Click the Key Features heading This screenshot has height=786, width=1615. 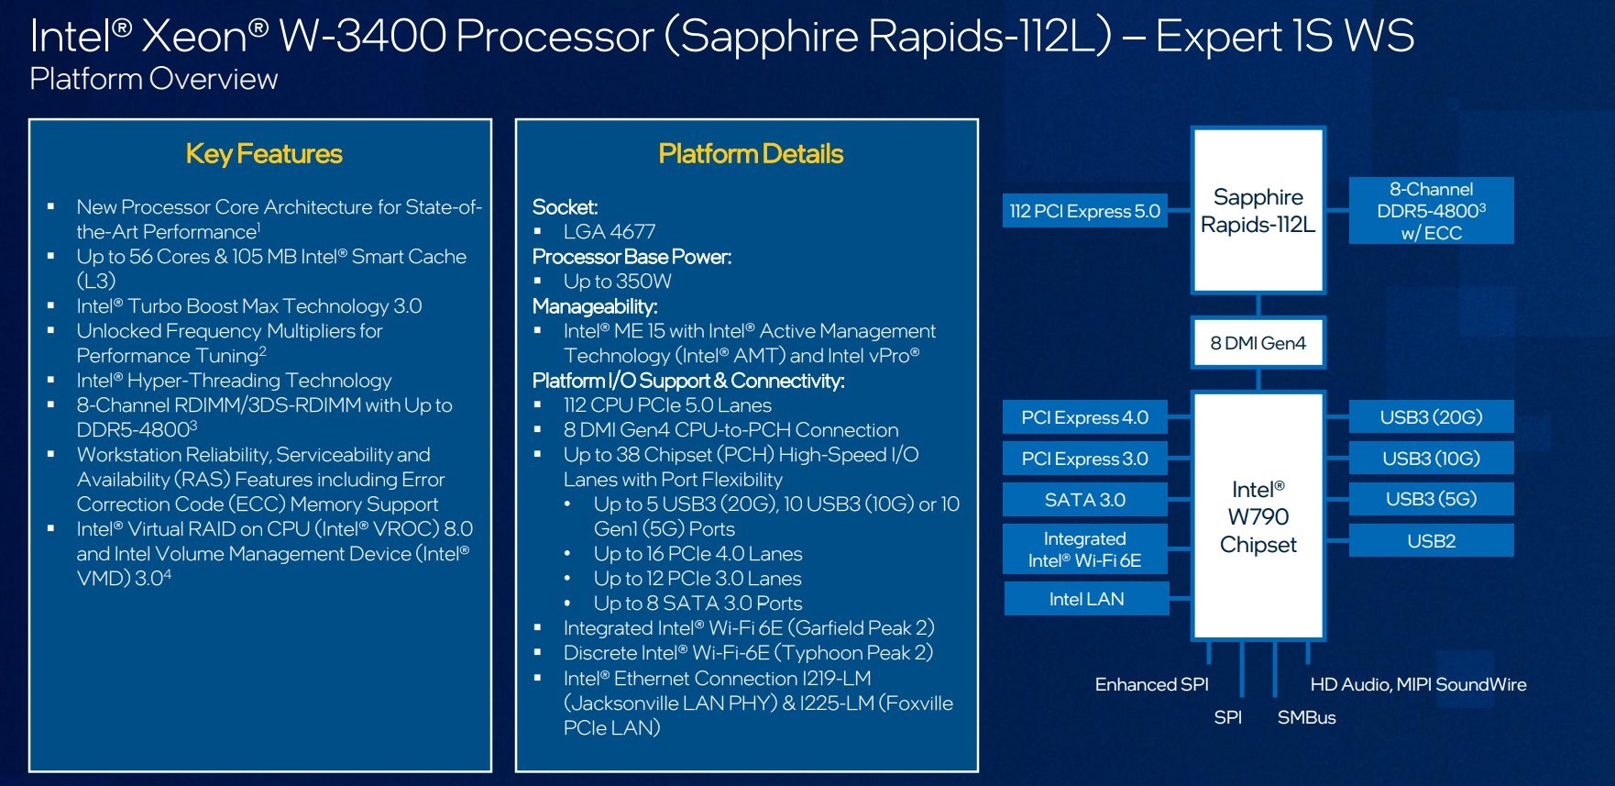coord(264,154)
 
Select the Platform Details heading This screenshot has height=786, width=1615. coord(751,154)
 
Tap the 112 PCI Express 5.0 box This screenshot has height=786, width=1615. coord(1085,211)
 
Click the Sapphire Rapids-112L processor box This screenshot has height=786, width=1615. coord(1258,211)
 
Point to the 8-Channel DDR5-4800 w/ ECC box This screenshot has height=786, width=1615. coord(1431,211)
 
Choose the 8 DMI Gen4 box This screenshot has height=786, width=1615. coord(1258,343)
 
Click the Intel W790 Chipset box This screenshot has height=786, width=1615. coord(1258,516)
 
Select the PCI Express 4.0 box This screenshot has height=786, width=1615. coord(1085,417)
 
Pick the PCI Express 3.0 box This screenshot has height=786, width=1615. coord(1085,459)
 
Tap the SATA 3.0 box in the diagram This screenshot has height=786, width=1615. coord(1085,500)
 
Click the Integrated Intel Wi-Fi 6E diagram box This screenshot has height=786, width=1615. coord(1085,549)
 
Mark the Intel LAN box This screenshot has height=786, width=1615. coord(1086,599)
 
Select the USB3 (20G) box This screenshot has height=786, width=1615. coord(1431,417)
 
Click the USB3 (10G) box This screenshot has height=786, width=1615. coord(1431,459)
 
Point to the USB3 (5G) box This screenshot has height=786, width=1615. coord(1431,499)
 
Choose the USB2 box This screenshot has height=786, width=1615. coord(1431,541)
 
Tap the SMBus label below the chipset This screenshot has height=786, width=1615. coord(1306,717)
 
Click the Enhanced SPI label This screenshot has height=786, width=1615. coord(1151,684)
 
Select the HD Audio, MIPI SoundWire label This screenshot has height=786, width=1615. coord(1418,684)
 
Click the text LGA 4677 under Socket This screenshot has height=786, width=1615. coord(610,232)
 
